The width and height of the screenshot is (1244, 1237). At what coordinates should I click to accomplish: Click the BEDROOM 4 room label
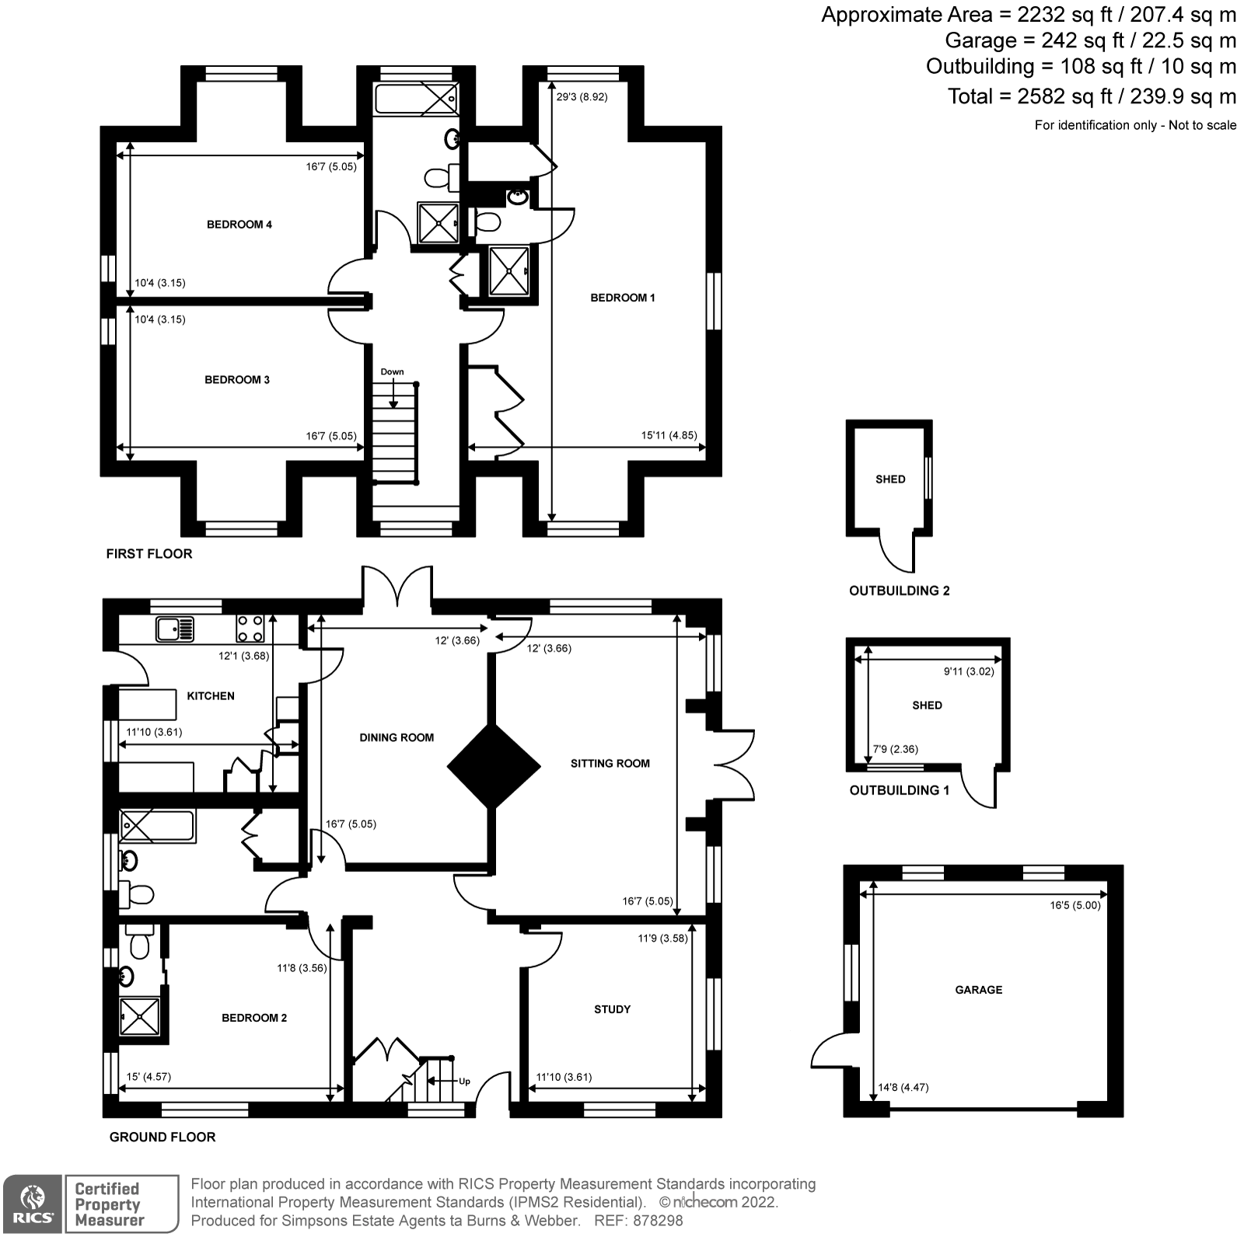pyautogui.click(x=239, y=225)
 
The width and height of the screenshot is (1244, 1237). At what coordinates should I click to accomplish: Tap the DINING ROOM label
pyautogui.click(x=397, y=737)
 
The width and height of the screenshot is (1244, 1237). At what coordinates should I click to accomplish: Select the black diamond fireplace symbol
pyautogui.click(x=494, y=767)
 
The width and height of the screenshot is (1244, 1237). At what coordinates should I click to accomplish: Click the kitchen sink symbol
pyautogui.click(x=175, y=629)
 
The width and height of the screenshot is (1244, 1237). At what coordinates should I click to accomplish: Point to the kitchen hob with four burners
pyautogui.click(x=250, y=629)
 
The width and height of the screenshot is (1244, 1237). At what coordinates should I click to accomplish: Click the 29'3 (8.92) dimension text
pyautogui.click(x=582, y=97)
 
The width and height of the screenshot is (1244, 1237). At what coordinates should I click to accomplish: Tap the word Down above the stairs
pyautogui.click(x=392, y=371)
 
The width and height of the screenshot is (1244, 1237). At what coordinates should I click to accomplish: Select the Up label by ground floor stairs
pyautogui.click(x=464, y=1081)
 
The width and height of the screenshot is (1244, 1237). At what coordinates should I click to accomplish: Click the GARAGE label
pyautogui.click(x=978, y=989)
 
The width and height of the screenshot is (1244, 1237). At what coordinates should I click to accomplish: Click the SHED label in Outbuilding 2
pyautogui.click(x=890, y=479)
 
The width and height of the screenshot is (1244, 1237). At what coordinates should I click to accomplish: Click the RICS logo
pyautogui.click(x=32, y=1203)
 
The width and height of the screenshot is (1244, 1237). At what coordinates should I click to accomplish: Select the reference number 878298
pyautogui.click(x=658, y=1221)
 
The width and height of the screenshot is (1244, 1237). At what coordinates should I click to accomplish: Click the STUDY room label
pyautogui.click(x=612, y=1009)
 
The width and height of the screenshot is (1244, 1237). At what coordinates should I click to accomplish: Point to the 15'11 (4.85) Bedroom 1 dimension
pyautogui.click(x=669, y=436)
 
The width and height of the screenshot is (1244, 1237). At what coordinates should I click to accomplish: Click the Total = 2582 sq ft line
pyautogui.click(x=1091, y=96)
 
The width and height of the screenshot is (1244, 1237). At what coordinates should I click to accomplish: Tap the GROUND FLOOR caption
pyautogui.click(x=162, y=1137)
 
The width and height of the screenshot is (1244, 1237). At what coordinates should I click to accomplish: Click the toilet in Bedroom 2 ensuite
pyautogui.click(x=140, y=945)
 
